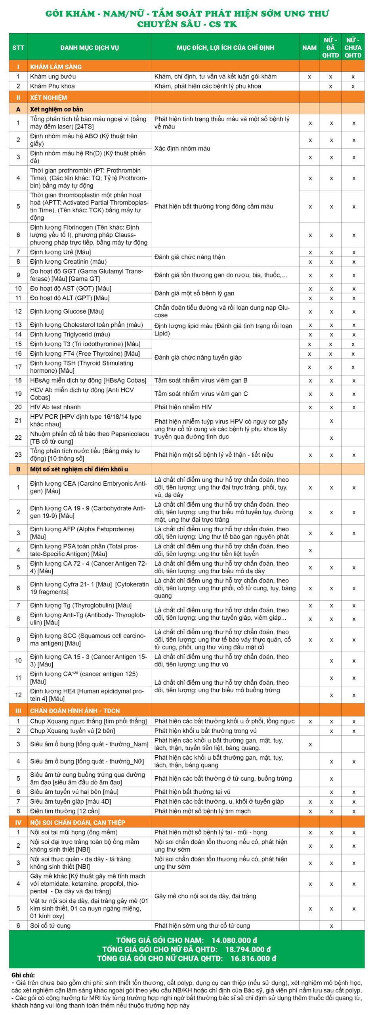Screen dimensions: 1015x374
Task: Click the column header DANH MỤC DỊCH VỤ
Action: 90,48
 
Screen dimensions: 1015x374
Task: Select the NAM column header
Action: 309,48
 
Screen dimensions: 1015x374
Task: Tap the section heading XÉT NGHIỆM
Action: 48,98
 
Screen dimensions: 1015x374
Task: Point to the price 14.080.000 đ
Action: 234,940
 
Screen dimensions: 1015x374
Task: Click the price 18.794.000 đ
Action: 248,949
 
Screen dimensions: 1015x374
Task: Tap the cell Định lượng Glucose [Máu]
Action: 67,311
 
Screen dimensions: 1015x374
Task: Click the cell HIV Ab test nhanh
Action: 55,407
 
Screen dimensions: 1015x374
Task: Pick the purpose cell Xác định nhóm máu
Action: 182,148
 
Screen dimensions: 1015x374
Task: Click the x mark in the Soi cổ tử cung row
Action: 331,926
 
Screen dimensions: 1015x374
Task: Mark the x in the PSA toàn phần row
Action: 310,550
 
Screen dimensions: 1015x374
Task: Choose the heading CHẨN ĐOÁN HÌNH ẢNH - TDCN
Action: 75,711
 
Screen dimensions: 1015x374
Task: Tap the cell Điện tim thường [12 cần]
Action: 65,811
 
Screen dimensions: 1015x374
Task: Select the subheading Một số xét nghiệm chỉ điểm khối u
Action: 79,469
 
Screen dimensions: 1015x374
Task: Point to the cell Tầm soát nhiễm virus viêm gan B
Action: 201,380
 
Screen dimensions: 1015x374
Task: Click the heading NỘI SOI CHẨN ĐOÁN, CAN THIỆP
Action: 78,822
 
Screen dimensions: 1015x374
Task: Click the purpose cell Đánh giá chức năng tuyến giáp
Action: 198,357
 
